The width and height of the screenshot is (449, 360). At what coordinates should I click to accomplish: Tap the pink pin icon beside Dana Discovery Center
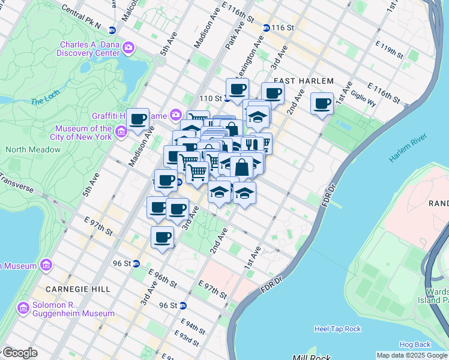pyautogui.click(x=128, y=47)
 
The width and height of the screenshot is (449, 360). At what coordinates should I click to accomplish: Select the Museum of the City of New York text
pyautogui.click(x=83, y=133)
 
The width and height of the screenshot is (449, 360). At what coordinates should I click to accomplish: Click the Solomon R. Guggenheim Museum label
pyautogui.click(x=74, y=309)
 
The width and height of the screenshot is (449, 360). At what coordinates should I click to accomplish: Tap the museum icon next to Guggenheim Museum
pyautogui.click(x=23, y=308)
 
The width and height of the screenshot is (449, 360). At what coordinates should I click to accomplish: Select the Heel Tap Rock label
pyautogui.click(x=337, y=329)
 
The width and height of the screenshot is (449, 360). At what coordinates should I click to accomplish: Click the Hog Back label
pyautogui.click(x=415, y=344)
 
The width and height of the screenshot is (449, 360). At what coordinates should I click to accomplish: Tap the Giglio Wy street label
pyautogui.click(x=364, y=98)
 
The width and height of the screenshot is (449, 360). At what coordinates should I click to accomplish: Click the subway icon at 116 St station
pyautogui.click(x=266, y=28)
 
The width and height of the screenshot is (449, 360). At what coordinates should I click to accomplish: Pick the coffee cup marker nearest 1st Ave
pyautogui.click(x=322, y=103)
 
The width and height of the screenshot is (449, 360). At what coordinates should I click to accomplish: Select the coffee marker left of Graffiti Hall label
pyautogui.click(x=137, y=119)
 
